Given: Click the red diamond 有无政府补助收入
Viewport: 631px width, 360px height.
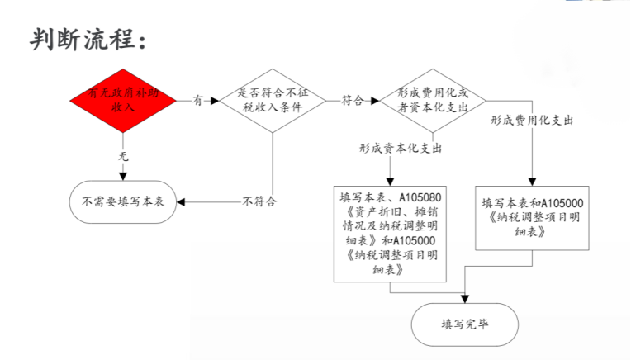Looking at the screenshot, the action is [123, 101].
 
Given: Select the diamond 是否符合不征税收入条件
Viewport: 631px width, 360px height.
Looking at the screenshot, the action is [273, 101].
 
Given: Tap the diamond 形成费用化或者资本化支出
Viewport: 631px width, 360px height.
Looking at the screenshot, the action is [433, 101].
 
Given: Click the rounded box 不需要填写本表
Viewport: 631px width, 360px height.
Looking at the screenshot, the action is [123, 202].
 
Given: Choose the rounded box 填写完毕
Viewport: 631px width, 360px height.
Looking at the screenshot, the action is [465, 324].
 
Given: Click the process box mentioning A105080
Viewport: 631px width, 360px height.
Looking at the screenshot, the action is [390, 234].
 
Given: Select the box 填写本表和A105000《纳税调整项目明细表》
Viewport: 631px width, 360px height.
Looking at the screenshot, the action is [532, 218].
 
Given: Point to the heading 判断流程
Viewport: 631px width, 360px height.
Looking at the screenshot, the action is [88, 40].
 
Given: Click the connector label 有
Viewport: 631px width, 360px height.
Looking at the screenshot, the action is [197, 100].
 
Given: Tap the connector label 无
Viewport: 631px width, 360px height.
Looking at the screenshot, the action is [123, 156].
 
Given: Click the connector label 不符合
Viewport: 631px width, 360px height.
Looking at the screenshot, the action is [259, 201].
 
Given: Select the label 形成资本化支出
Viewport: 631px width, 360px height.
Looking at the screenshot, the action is [401, 149].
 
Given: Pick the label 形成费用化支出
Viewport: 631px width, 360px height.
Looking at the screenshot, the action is [532, 120].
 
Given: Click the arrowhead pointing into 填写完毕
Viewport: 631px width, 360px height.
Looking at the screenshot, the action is [465, 299].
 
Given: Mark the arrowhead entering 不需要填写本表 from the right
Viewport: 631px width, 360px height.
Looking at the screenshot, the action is [181, 202].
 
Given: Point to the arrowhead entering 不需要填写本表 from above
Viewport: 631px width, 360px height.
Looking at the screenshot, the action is [123, 177].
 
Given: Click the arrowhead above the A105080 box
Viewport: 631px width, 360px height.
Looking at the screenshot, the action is [390, 182].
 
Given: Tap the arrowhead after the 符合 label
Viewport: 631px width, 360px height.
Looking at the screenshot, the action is [375, 101].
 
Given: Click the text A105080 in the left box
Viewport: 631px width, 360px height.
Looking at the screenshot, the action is [420, 197].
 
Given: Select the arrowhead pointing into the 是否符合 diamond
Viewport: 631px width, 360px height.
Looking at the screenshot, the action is [215, 101].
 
